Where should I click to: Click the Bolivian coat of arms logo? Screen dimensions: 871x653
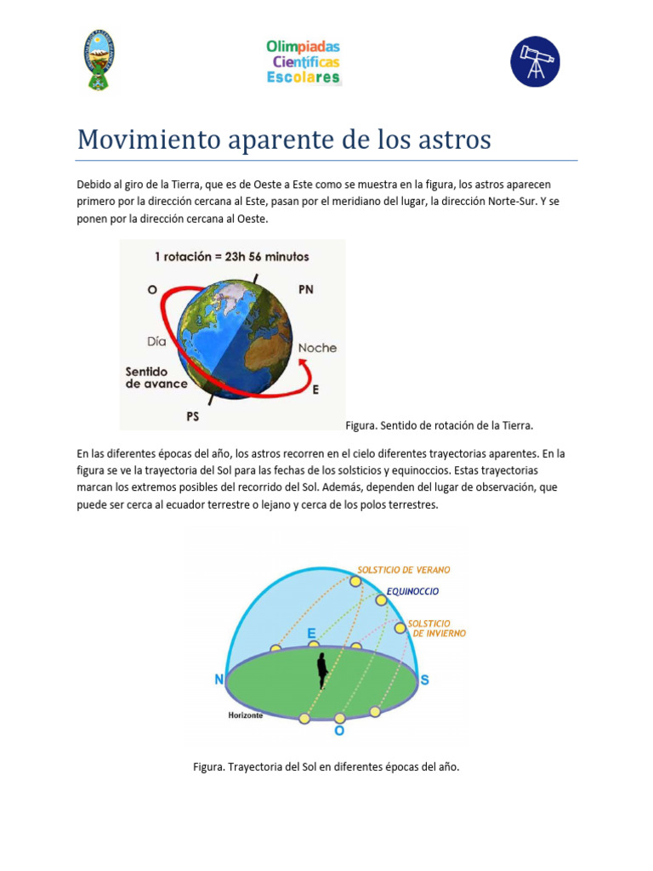[x=99, y=60]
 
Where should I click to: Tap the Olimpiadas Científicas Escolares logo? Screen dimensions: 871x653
[x=304, y=61]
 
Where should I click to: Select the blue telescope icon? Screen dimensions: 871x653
[x=535, y=61]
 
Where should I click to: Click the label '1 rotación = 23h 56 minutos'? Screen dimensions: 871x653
[x=232, y=256]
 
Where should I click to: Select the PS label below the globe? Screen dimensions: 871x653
[x=193, y=416]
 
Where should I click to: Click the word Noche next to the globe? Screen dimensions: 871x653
[x=317, y=348]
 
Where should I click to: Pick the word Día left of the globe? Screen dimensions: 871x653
[x=156, y=341]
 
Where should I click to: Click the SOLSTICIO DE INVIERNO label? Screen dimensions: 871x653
[x=437, y=628]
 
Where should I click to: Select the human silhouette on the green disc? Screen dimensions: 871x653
[x=322, y=671]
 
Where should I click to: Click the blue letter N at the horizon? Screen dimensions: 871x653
[x=219, y=680]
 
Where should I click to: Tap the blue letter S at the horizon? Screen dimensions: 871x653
[x=424, y=680]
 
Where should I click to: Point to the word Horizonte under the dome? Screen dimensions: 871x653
[x=245, y=715]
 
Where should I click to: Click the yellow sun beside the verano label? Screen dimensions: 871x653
[x=355, y=582]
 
